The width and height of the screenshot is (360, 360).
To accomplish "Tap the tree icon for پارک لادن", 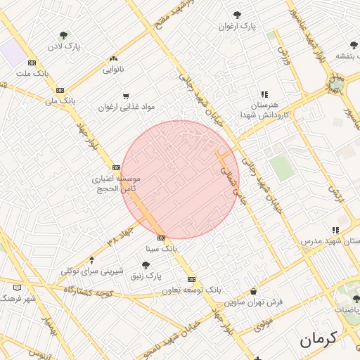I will pyautogui.click(x=63, y=35).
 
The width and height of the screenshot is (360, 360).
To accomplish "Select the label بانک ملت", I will pyautogui.click(x=34, y=73).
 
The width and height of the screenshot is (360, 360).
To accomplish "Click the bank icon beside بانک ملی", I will pyautogui.click(x=60, y=90).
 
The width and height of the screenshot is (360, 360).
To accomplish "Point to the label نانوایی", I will pyautogui.click(x=114, y=69).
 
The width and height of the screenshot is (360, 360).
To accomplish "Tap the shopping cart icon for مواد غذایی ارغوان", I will pyautogui.click(x=126, y=96).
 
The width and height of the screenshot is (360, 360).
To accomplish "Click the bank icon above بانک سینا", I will pyautogui.click(x=161, y=238).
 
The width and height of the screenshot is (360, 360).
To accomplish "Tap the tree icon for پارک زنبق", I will pyautogui.click(x=145, y=265).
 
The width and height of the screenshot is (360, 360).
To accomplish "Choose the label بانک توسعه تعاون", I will pyautogui.click(x=192, y=290).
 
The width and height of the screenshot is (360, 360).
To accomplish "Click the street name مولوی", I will pyautogui.click(x=262, y=325).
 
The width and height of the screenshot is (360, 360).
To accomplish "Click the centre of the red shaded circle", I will pyautogui.click(x=180, y=179).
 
